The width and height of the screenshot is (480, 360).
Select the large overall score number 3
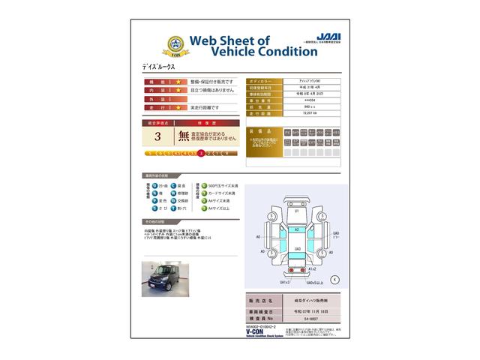click(x=157, y=136)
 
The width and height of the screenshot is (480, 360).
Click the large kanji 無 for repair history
click(x=183, y=136)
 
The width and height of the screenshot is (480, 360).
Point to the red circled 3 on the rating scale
click(x=200, y=153)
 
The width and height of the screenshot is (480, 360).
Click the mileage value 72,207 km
click(x=291, y=114)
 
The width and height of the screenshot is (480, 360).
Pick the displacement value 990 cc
click(x=289, y=107)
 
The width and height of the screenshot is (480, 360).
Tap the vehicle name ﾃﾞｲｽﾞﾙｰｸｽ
click(x=163, y=67)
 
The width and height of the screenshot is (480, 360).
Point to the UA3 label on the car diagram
click(x=298, y=248)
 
